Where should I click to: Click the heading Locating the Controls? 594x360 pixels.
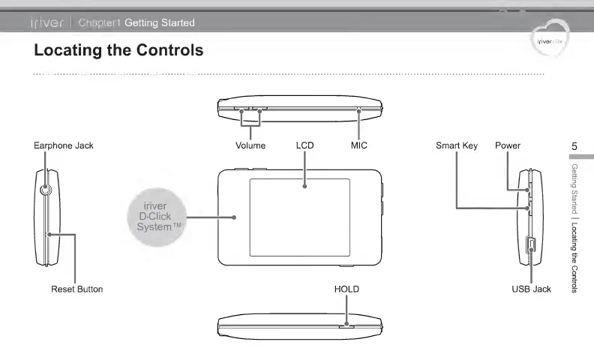118,51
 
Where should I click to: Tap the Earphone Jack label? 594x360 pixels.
64,145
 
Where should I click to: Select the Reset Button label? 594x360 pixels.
76,289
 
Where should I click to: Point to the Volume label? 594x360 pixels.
250,145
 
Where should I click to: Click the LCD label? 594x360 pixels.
304,145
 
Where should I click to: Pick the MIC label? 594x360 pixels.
359,145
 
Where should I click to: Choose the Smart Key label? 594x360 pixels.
456,145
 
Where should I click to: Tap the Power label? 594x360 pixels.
507,145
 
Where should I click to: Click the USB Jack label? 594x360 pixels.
531,289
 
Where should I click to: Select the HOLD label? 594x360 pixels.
346,289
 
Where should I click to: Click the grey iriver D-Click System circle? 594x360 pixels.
154,217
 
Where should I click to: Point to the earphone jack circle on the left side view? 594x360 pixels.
46,190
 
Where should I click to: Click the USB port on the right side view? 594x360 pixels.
529,244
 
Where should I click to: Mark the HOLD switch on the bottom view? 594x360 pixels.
346,326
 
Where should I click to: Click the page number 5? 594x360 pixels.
574,145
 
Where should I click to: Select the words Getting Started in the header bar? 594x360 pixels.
159,22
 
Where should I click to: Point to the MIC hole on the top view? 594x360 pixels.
359,109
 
